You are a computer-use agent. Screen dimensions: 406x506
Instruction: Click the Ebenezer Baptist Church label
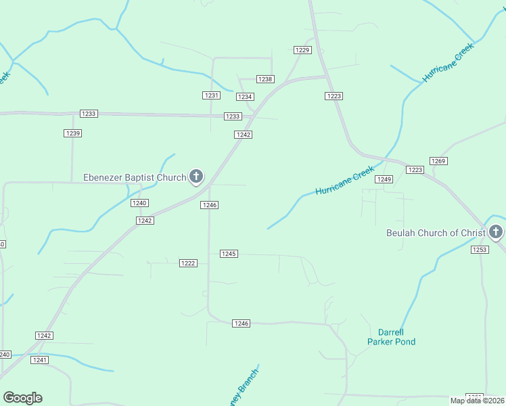click(x=134, y=178)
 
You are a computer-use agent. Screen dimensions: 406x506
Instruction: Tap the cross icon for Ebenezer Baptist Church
click(x=196, y=177)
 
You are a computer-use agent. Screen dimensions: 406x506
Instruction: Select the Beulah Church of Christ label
click(x=435, y=233)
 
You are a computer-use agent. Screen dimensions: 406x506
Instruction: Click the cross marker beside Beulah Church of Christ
click(x=496, y=232)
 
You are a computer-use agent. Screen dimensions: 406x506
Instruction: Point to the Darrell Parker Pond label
click(x=391, y=337)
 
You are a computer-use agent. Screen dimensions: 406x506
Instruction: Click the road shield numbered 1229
click(x=302, y=50)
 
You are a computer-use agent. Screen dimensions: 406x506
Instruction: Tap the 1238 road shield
click(x=265, y=79)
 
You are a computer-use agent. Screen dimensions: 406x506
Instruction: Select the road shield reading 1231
click(x=212, y=95)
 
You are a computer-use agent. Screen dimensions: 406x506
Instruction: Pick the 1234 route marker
click(x=245, y=97)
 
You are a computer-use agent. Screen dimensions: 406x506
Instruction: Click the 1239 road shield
click(x=73, y=133)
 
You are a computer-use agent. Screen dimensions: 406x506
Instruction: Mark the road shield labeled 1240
click(x=139, y=203)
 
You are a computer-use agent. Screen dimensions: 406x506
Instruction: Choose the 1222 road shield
click(x=188, y=263)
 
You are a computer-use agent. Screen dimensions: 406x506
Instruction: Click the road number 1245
click(x=229, y=254)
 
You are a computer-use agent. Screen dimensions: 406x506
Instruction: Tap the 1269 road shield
click(x=438, y=161)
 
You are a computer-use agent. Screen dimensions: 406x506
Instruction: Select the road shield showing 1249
click(x=384, y=179)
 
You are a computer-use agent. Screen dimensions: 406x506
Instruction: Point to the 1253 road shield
click(x=480, y=250)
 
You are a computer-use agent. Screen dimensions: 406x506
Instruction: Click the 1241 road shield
click(x=39, y=360)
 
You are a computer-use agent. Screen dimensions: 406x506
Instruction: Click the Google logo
click(x=22, y=398)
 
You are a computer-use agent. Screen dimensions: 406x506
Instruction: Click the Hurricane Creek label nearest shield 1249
click(x=344, y=182)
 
